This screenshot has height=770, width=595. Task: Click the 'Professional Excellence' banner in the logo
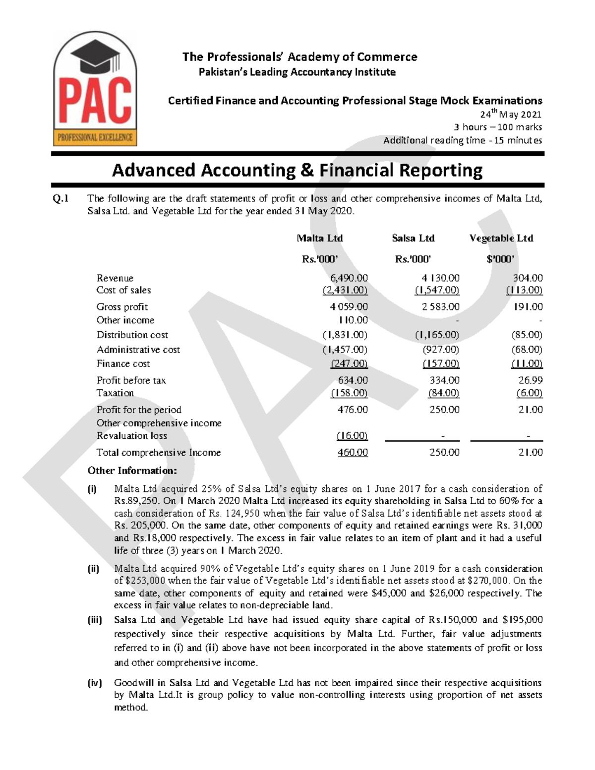(x=95, y=137)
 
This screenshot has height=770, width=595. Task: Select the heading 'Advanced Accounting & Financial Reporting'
(x=297, y=170)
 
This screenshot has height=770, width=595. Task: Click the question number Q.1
(x=60, y=199)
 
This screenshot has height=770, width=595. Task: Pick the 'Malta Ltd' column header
(x=320, y=238)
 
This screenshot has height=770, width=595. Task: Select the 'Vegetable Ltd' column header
(x=501, y=238)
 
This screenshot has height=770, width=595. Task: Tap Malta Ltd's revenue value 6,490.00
(x=349, y=278)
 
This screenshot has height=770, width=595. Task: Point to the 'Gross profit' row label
(x=122, y=307)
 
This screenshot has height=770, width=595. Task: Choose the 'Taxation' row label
(x=115, y=393)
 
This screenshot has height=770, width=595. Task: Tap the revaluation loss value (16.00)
(x=352, y=436)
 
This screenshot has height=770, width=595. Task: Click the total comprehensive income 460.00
(x=353, y=453)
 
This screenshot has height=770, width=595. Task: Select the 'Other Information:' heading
(x=132, y=471)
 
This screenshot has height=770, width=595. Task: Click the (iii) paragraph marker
(x=95, y=620)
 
